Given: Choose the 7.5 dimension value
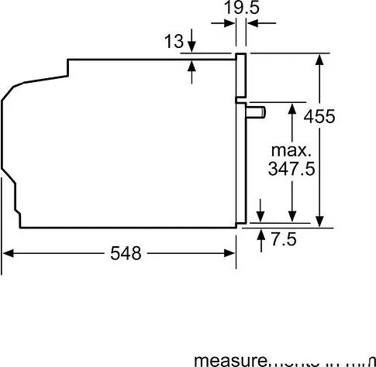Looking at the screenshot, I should (x=285, y=239).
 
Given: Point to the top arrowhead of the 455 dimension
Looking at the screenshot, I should (x=319, y=57).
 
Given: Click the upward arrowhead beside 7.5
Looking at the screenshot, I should (x=260, y=232).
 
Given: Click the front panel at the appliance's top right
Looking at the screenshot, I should (x=241, y=77).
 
